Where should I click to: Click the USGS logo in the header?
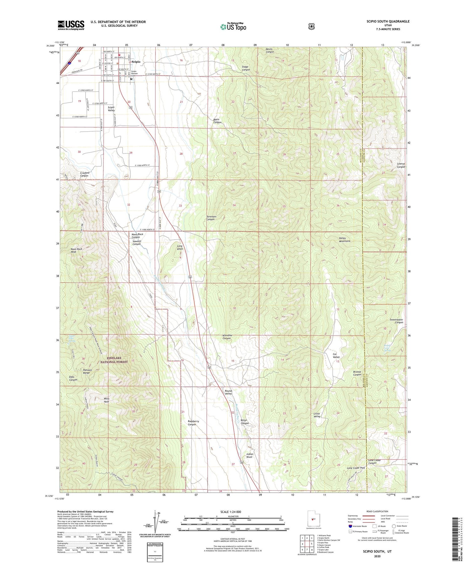[x=71, y=25]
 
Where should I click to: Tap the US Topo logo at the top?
[x=233, y=27]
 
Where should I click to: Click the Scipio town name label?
[x=136, y=62]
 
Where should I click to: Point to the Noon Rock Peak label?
[x=76, y=250]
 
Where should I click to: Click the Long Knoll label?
[x=180, y=248]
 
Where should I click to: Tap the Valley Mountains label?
[x=344, y=240]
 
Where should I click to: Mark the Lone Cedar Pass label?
[x=356, y=468]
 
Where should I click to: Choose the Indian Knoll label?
[x=250, y=456]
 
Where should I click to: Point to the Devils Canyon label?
[x=270, y=50]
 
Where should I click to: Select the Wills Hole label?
[x=107, y=400]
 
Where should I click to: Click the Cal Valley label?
[x=336, y=355]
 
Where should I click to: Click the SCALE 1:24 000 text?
[x=231, y=512]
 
